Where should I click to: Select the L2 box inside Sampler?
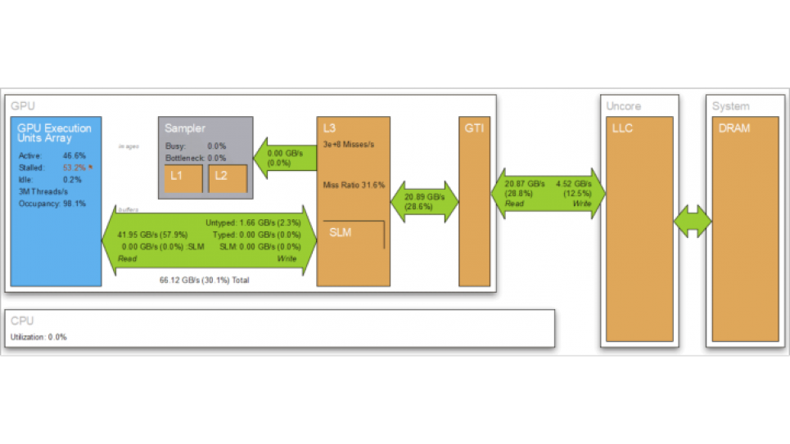point(228,178)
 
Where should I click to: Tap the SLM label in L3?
point(340,232)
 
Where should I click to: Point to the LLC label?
point(622,128)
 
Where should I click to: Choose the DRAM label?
point(734,128)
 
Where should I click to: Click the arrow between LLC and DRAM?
point(693,222)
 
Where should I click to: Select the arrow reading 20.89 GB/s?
point(424,203)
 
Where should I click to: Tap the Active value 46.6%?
point(74,155)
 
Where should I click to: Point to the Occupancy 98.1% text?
point(53,203)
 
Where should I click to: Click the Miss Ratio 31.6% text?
point(354,185)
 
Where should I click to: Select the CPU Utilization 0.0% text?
point(38,337)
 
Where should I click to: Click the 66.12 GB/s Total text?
point(204,280)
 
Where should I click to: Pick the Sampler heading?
point(185,128)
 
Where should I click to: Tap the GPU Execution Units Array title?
point(54,133)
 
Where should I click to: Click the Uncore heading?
point(623,106)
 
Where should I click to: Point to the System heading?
point(730,106)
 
